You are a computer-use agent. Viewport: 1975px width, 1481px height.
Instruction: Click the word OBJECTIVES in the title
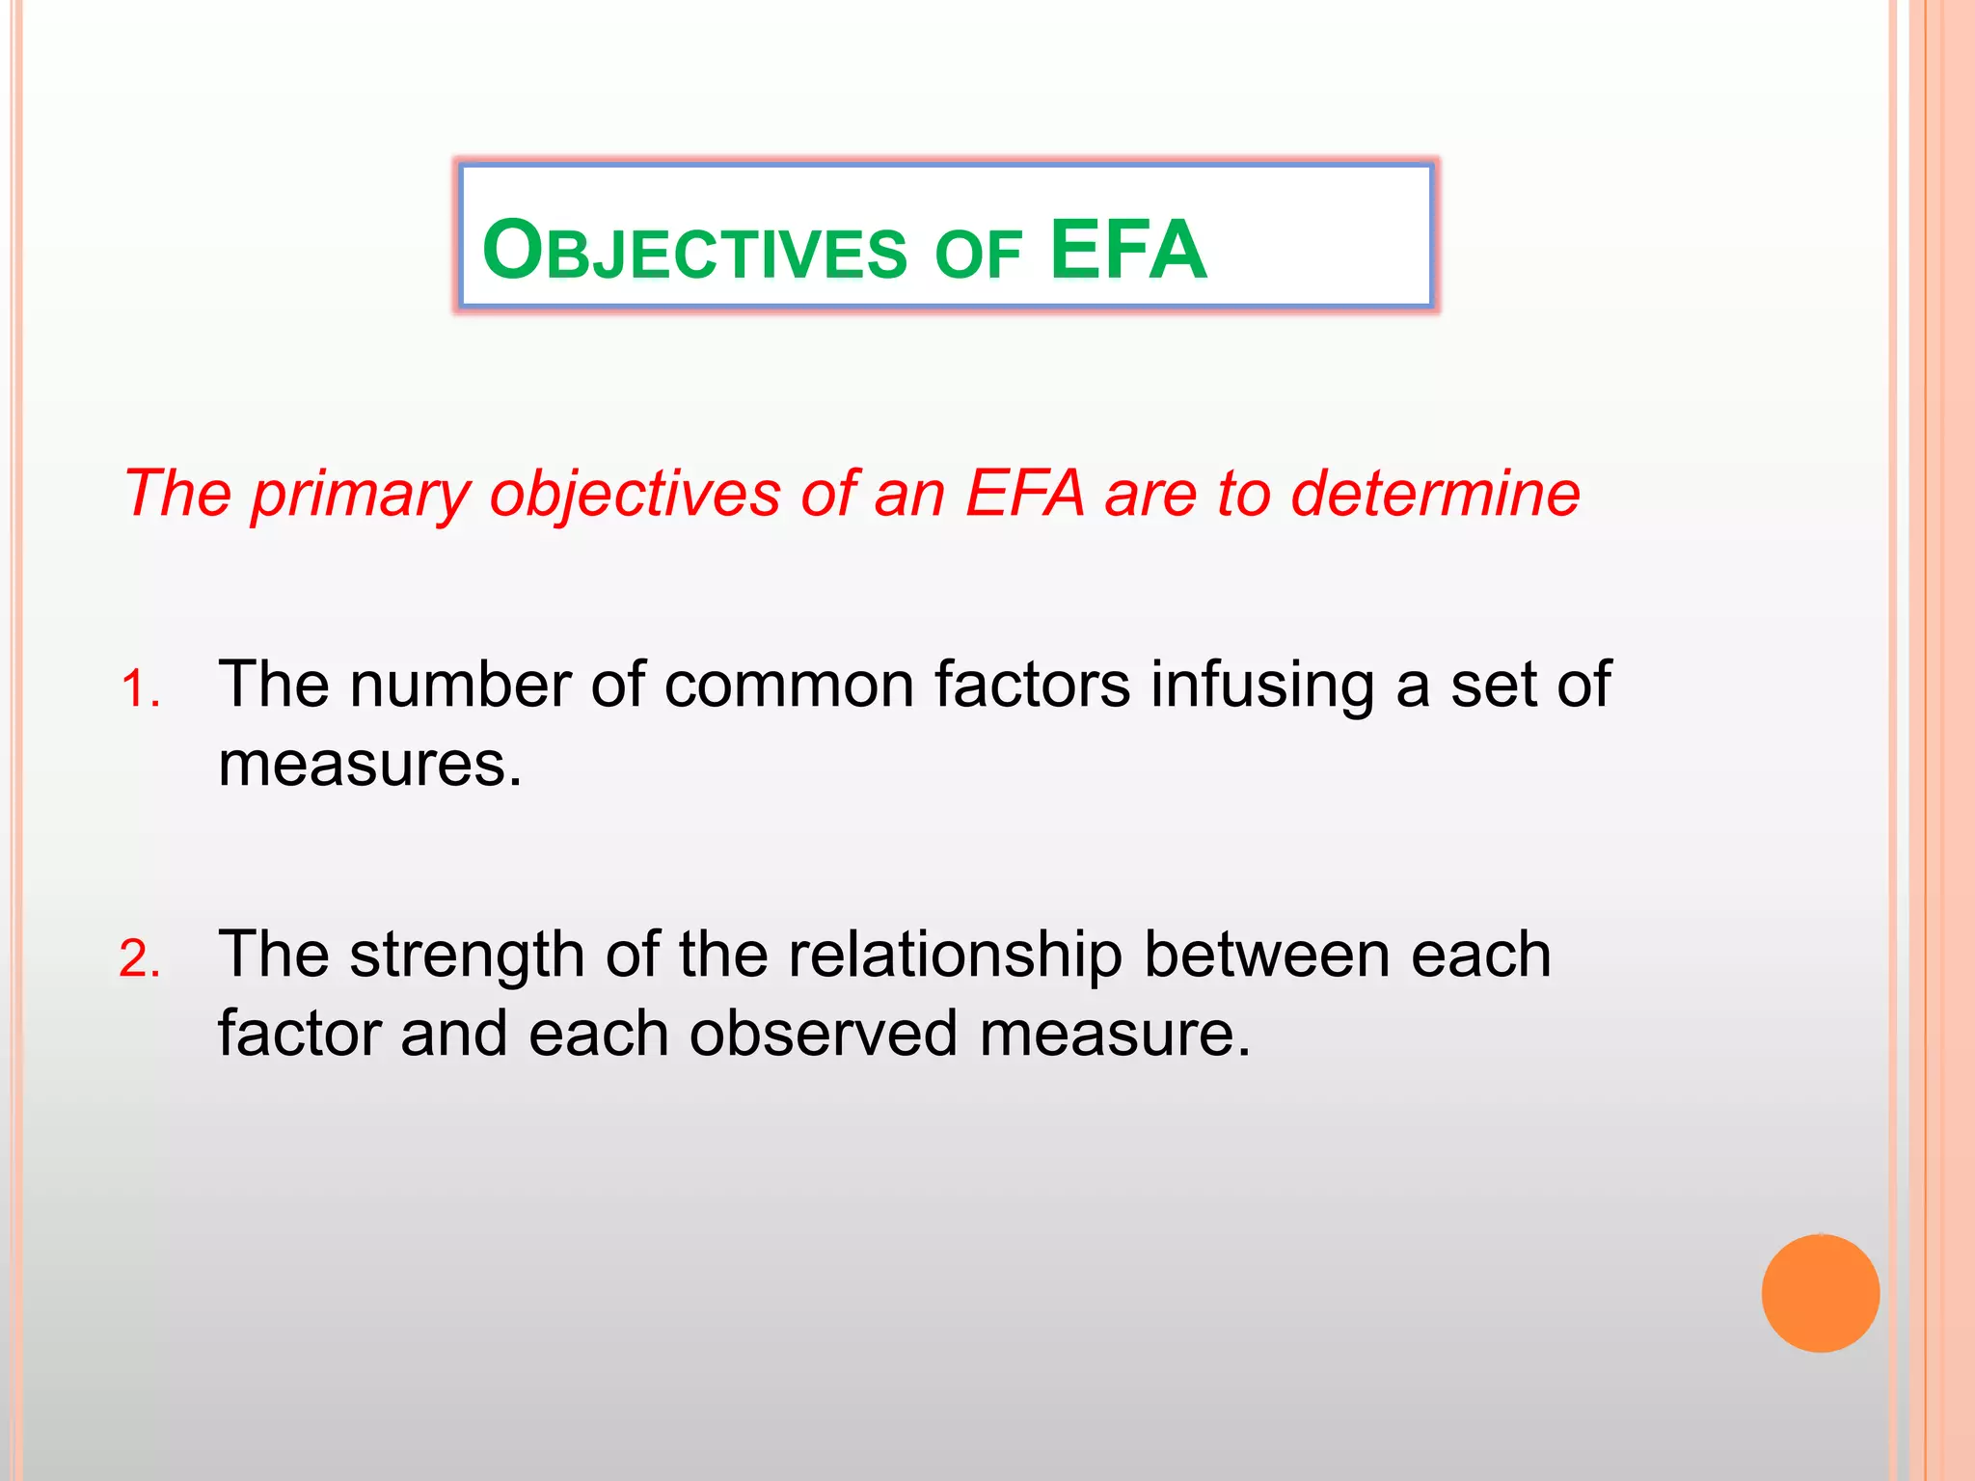tap(694, 251)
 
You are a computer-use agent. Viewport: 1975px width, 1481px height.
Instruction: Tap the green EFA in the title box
tap(1127, 251)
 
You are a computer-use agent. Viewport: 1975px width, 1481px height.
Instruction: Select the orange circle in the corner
tap(1820, 1293)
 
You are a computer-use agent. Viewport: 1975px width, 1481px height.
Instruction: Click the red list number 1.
tap(140, 690)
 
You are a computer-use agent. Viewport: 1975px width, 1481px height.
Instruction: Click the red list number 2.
tap(140, 960)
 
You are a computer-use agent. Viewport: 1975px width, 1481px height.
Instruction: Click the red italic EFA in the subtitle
tap(1024, 494)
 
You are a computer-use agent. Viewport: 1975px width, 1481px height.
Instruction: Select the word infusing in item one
tap(1262, 686)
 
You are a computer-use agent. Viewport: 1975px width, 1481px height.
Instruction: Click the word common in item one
tap(788, 686)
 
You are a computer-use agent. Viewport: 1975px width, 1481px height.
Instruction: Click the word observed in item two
tap(824, 1035)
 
